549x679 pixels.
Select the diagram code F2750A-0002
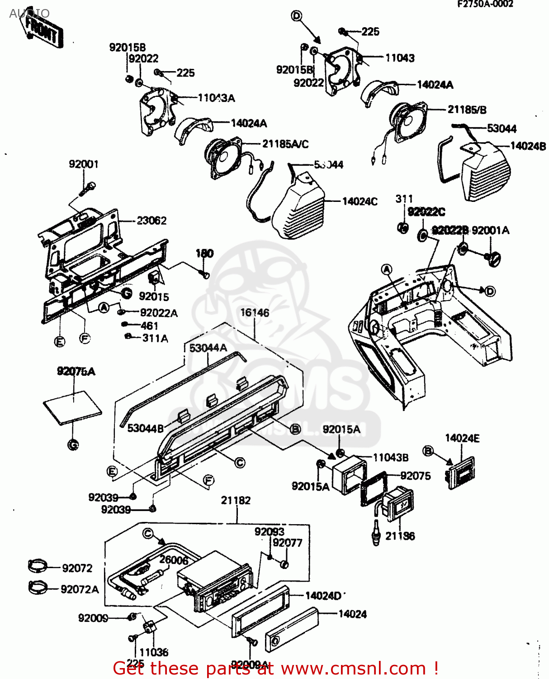(x=485, y=4)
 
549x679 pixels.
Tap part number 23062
(x=151, y=220)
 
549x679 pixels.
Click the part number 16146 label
(x=255, y=313)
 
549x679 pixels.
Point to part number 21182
(x=236, y=500)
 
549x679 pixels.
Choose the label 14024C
(x=360, y=201)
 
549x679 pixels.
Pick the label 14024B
(x=528, y=146)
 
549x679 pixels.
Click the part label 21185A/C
(x=285, y=144)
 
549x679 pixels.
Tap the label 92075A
(x=76, y=372)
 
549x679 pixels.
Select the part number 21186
(x=400, y=536)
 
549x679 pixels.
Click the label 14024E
(x=462, y=438)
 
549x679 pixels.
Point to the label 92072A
(x=80, y=589)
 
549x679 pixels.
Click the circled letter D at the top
(x=296, y=16)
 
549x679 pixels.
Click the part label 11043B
(x=390, y=458)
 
